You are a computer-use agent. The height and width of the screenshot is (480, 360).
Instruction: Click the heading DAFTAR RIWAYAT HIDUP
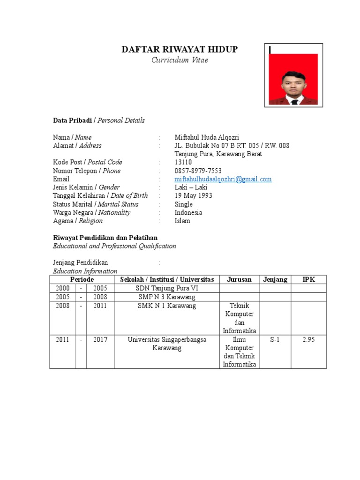[x=180, y=50]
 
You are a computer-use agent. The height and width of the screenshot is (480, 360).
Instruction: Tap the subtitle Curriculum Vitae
[x=180, y=60]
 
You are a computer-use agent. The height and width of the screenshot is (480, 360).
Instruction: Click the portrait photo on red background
[x=293, y=79]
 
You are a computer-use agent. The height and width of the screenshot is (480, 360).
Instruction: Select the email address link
[x=223, y=179]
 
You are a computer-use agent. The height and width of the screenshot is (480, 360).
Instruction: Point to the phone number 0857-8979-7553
[x=198, y=171]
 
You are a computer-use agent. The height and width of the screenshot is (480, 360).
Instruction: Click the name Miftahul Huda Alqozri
[x=207, y=137]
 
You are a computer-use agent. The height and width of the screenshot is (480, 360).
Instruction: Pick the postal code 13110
[x=183, y=162]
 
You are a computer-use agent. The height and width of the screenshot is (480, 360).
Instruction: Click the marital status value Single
[x=183, y=204]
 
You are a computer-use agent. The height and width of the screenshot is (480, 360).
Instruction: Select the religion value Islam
[x=182, y=221]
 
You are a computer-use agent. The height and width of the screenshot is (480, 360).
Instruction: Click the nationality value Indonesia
[x=188, y=212]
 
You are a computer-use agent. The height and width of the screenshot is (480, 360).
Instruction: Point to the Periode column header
[x=82, y=279]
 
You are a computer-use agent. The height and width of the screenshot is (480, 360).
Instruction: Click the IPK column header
[x=308, y=279]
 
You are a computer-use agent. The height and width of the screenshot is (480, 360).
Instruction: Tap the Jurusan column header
[x=239, y=279]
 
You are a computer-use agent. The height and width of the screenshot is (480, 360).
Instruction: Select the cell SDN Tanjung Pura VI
[x=167, y=288]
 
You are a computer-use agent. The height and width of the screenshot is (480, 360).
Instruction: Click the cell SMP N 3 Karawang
[x=167, y=297]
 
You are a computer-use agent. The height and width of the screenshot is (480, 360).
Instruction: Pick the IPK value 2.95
[x=308, y=340]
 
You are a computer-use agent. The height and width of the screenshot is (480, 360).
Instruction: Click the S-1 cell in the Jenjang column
[x=275, y=340]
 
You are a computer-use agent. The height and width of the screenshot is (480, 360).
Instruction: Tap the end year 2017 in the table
[x=100, y=340]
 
